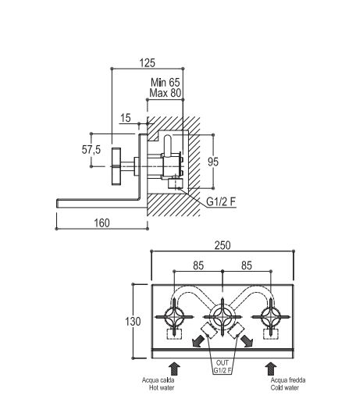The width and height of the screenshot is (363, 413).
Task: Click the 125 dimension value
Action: click(x=148, y=63)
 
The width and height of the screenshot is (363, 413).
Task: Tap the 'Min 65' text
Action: click(x=165, y=83)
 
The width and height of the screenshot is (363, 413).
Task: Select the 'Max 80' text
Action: click(x=165, y=93)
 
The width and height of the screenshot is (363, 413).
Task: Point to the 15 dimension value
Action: click(x=126, y=118)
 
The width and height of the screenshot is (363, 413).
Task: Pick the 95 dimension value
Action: click(x=213, y=162)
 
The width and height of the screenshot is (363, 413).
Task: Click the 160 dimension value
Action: click(x=101, y=223)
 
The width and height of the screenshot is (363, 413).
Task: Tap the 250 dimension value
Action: click(x=222, y=245)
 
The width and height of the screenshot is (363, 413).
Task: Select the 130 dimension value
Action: click(x=133, y=322)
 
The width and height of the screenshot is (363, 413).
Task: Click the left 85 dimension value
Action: click(x=198, y=265)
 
